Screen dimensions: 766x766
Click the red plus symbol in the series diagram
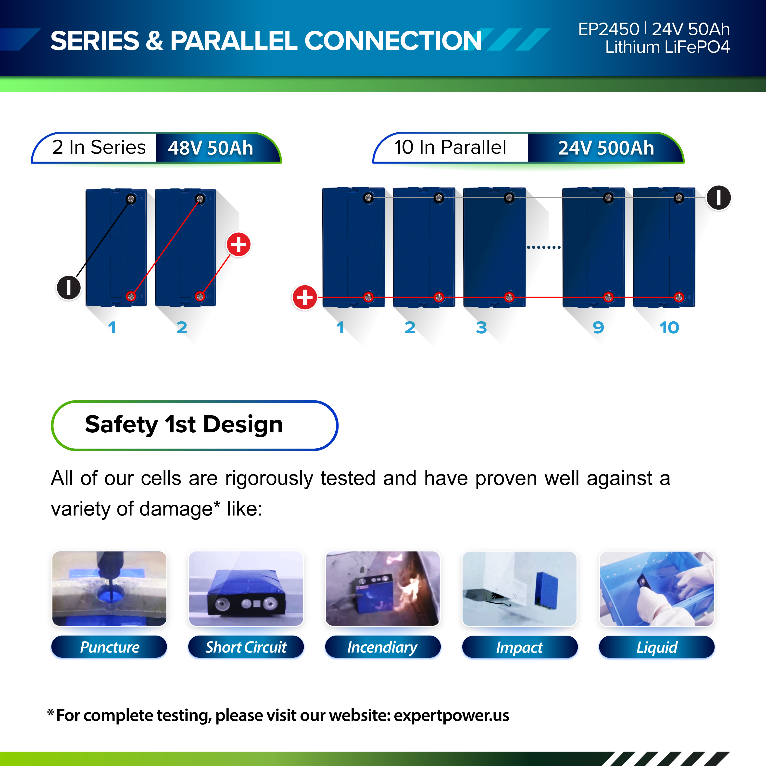(238, 244)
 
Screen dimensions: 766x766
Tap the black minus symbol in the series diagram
(69, 288)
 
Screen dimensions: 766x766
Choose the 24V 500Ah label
(606, 148)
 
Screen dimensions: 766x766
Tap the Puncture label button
(109, 647)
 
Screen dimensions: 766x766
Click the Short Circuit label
(246, 647)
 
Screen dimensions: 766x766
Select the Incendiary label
(383, 647)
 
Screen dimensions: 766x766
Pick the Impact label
(519, 647)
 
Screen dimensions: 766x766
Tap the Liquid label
(657, 647)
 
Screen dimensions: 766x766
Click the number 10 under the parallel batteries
(669, 327)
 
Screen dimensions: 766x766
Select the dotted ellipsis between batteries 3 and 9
(544, 247)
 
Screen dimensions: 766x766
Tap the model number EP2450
(609, 29)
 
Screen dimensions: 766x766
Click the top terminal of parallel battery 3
(509, 198)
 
